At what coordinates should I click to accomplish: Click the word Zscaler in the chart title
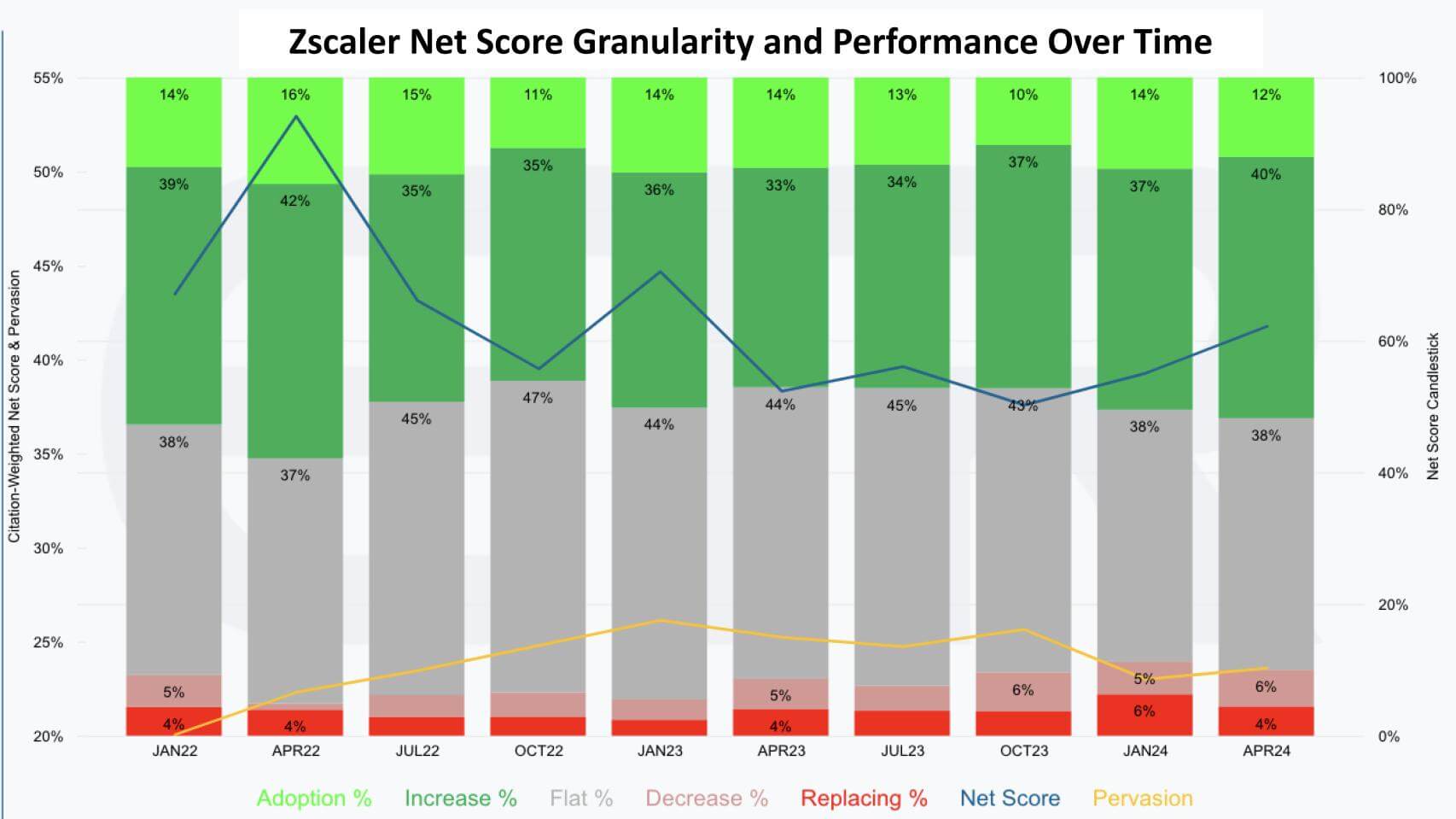point(343,41)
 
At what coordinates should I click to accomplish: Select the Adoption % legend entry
point(314,799)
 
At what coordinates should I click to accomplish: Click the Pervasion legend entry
point(1142,799)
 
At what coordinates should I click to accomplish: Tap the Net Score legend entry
point(1010,799)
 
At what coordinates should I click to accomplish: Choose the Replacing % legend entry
point(864,799)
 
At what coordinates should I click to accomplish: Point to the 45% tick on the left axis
point(48,266)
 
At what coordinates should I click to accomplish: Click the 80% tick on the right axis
point(1393,209)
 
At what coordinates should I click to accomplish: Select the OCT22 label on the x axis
point(539,751)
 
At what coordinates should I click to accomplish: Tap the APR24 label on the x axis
point(1267,751)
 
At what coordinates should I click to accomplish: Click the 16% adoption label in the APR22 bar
point(295,95)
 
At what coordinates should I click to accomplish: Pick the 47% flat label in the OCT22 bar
point(538,398)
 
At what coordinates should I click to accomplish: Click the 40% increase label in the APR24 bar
point(1266,174)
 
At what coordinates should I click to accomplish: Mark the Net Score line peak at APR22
point(295,116)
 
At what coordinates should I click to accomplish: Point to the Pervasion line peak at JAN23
point(660,620)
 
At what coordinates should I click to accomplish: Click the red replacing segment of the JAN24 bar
point(1144,714)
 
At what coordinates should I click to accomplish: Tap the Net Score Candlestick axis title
point(1433,406)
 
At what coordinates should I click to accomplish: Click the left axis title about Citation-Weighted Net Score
point(14,406)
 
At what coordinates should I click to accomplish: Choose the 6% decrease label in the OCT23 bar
point(1023,690)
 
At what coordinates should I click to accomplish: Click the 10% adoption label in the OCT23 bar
point(1023,95)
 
